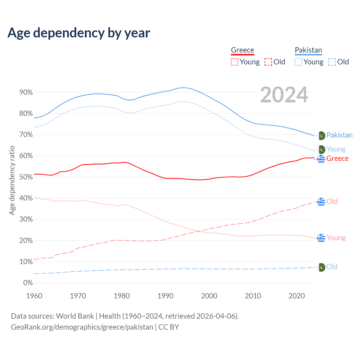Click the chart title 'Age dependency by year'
click(79, 33)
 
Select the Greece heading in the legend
click(242, 50)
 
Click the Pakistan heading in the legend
click(308, 50)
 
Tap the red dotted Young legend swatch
click(234, 62)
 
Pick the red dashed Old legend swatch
click(268, 62)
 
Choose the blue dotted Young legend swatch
click(298, 62)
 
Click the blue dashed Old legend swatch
click(332, 62)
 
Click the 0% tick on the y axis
click(28, 283)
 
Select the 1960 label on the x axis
click(34, 296)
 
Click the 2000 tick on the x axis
click(209, 296)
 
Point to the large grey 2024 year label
click(284, 95)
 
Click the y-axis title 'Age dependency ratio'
click(12, 180)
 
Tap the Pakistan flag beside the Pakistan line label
click(321, 136)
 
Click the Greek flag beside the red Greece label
click(321, 159)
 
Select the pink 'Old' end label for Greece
click(332, 201)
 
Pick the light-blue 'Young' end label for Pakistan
click(336, 149)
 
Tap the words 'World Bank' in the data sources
click(75, 316)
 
